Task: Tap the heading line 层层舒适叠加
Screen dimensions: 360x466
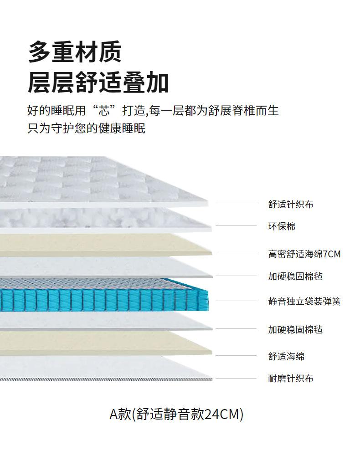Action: click(x=98, y=83)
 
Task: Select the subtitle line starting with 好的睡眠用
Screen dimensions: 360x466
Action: click(x=153, y=110)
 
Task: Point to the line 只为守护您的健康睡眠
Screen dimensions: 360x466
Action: click(x=86, y=128)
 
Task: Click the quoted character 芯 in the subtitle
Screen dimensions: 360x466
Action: click(x=108, y=110)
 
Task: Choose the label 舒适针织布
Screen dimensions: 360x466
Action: click(x=290, y=205)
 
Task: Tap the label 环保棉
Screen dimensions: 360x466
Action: click(x=281, y=226)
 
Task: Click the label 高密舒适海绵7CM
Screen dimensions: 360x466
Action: click(x=304, y=254)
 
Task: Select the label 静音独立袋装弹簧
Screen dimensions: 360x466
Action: click(x=304, y=301)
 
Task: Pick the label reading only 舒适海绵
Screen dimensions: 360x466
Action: click(x=286, y=356)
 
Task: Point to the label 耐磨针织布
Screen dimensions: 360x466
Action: click(x=290, y=378)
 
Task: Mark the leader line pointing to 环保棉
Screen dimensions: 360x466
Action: click(x=236, y=225)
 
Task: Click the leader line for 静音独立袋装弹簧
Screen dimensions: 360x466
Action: click(x=236, y=301)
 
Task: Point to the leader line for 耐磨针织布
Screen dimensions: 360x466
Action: click(x=236, y=378)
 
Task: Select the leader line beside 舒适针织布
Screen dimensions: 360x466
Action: click(x=236, y=202)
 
